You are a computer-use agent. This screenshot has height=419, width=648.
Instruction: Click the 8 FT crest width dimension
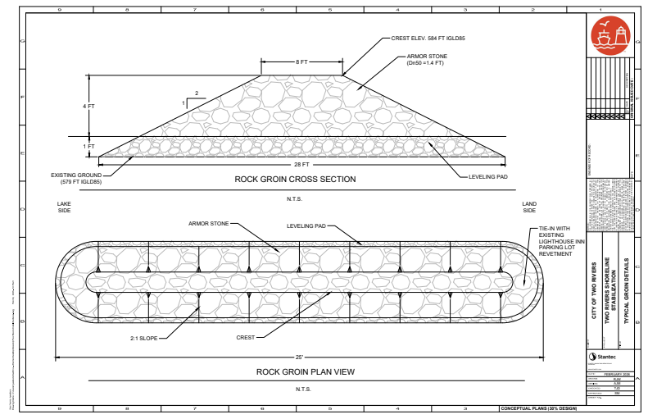click(x=302, y=61)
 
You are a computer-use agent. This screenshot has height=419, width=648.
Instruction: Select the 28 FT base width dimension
click(x=302, y=165)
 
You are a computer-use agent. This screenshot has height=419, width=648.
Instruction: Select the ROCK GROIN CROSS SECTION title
click(x=295, y=179)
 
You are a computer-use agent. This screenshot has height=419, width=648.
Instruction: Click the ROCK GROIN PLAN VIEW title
click(x=305, y=371)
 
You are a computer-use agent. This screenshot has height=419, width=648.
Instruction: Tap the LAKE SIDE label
click(x=65, y=207)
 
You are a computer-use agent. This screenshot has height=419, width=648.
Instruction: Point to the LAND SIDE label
click(x=529, y=207)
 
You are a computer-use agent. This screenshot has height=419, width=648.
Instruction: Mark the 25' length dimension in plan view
click(x=300, y=357)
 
